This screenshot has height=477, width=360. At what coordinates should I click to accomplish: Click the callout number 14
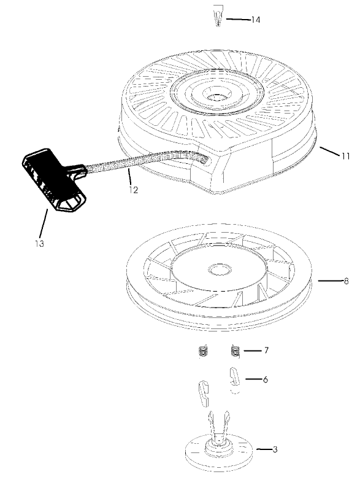[255, 20]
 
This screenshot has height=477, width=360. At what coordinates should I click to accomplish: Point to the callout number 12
[134, 190]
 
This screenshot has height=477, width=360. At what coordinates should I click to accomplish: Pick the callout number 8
[347, 281]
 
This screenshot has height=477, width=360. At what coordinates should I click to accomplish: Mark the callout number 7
[266, 351]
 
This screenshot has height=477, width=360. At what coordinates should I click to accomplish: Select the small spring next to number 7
[234, 351]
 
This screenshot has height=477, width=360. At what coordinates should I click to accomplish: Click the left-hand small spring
[205, 351]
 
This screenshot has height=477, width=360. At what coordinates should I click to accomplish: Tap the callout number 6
[265, 379]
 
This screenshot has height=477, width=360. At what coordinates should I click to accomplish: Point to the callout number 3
[275, 450]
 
